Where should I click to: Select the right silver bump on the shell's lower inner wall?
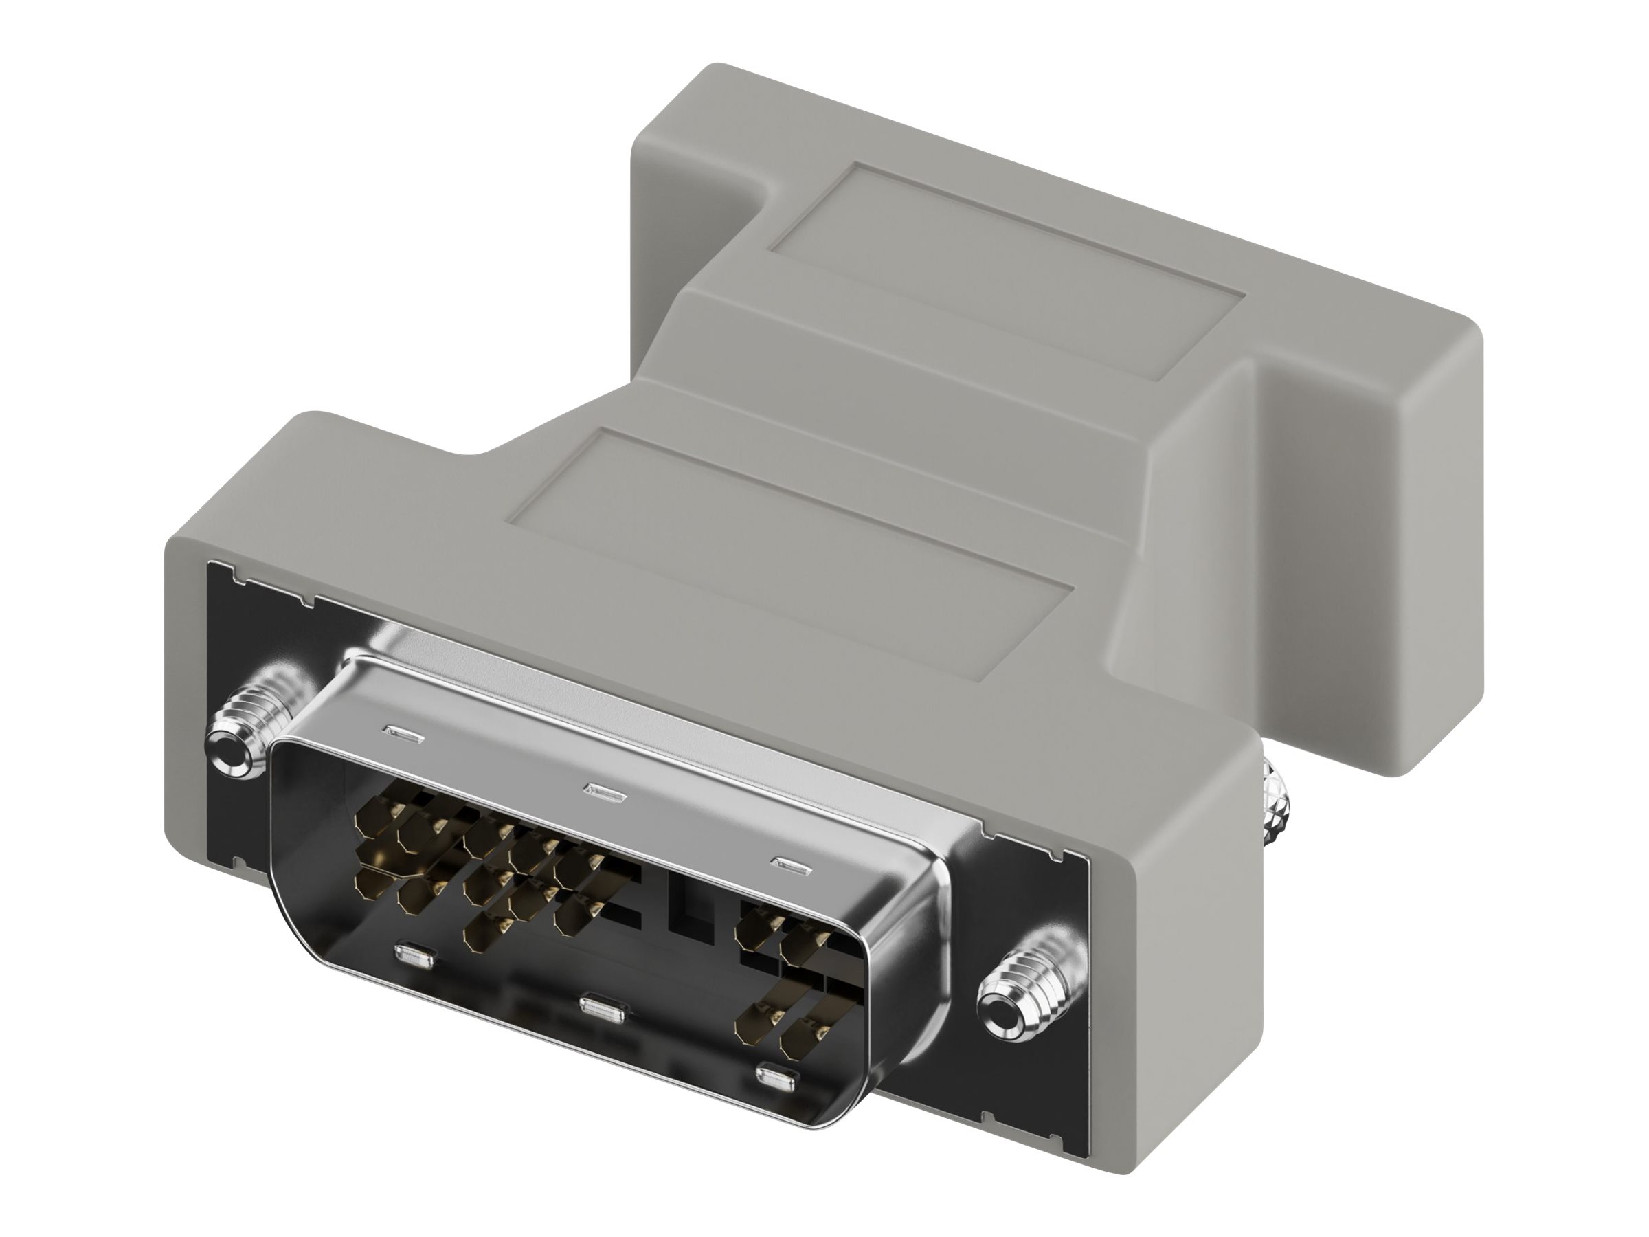778,1078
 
